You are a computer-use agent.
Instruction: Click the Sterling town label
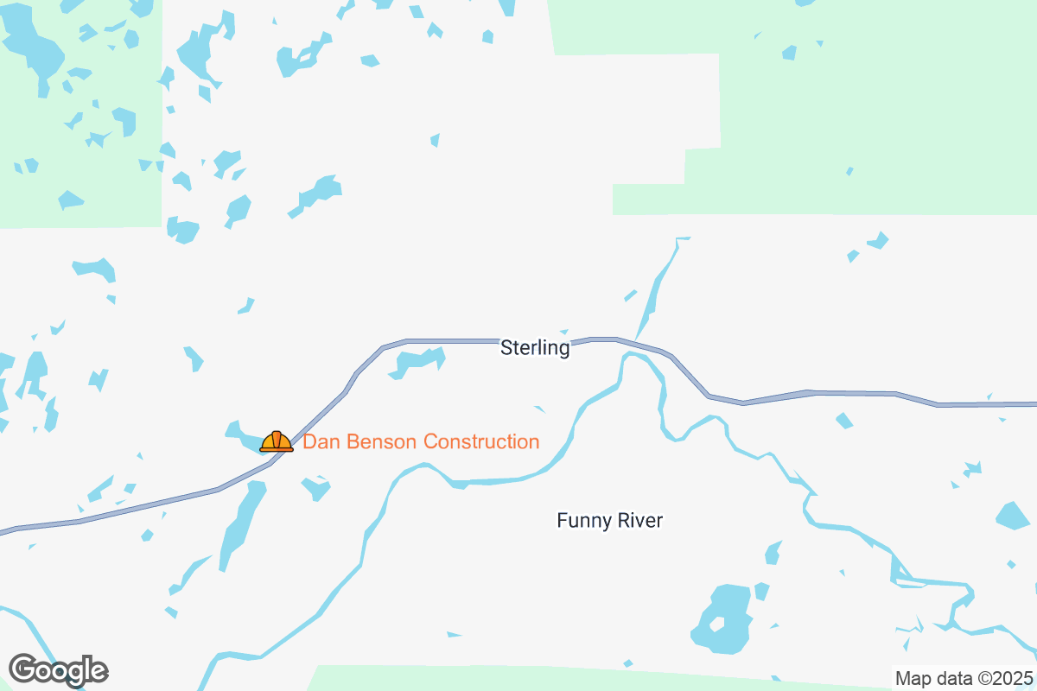pos(535,348)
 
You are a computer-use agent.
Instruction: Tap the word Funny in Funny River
pos(582,521)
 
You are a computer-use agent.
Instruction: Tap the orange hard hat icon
pos(277,441)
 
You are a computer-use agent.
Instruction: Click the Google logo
pos(58,669)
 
